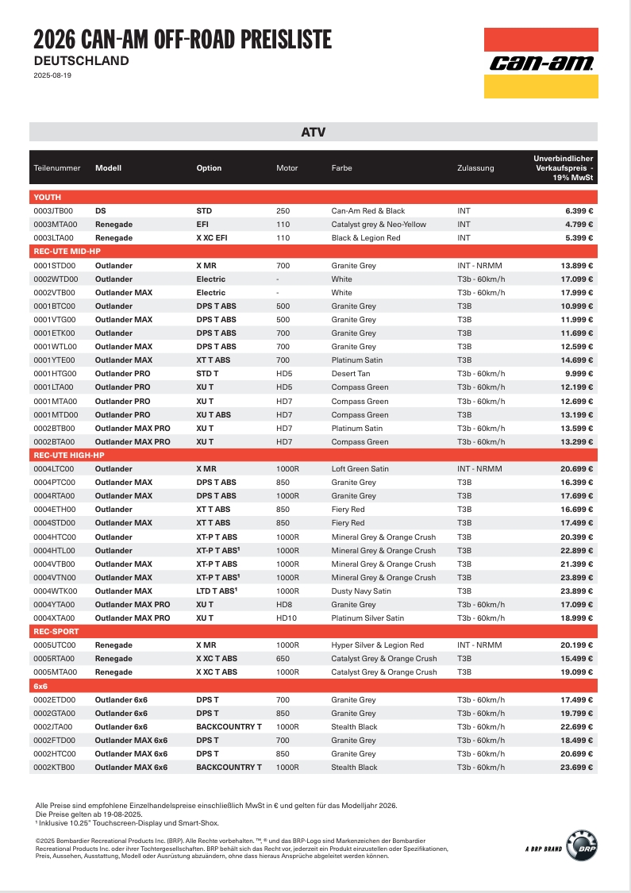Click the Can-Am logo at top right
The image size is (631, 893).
click(541, 64)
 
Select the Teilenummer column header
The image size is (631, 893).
click(57, 168)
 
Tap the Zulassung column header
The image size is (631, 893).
click(475, 168)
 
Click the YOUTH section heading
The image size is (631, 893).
click(47, 197)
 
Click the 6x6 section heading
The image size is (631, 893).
click(41, 686)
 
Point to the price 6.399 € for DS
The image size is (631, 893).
click(579, 211)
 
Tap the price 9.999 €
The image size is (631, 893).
click(579, 374)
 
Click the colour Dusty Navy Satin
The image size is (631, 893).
click(361, 591)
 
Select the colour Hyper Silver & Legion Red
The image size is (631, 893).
click(377, 645)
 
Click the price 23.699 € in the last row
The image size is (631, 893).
click(577, 768)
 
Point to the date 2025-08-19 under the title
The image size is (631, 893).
click(52, 75)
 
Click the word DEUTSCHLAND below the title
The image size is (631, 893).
click(81, 60)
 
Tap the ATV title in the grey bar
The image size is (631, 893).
click(314, 133)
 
